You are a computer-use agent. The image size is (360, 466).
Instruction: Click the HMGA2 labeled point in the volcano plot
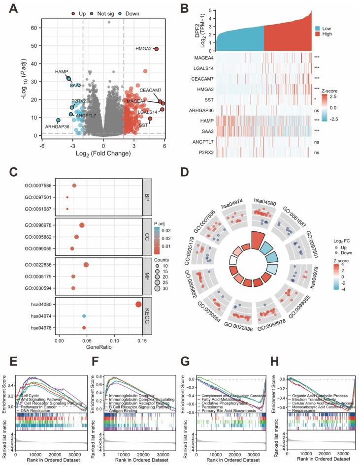click(x=156, y=49)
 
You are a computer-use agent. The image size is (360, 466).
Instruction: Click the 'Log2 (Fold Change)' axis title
click(x=103, y=154)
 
